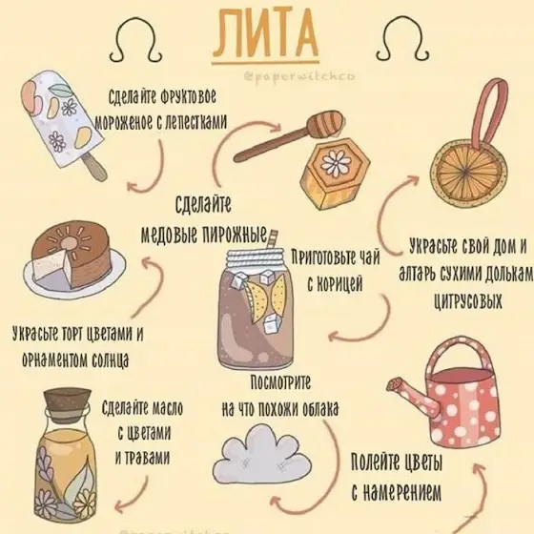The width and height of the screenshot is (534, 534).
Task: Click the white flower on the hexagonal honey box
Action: [x=336, y=162]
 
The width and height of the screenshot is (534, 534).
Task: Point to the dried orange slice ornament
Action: [x=468, y=169]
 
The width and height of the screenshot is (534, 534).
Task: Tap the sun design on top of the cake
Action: [x=70, y=239]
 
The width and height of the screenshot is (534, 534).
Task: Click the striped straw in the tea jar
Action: [x=272, y=240]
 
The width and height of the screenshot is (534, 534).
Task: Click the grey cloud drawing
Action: [x=262, y=452]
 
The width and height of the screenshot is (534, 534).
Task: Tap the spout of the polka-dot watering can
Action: [x=409, y=392]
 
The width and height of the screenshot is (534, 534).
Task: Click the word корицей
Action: [x=334, y=284]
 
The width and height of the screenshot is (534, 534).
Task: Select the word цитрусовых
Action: [x=467, y=301]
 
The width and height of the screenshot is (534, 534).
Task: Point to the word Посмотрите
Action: [x=280, y=382]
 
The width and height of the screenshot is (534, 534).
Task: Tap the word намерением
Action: [x=396, y=491]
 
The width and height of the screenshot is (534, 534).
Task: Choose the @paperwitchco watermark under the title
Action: [x=299, y=76]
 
